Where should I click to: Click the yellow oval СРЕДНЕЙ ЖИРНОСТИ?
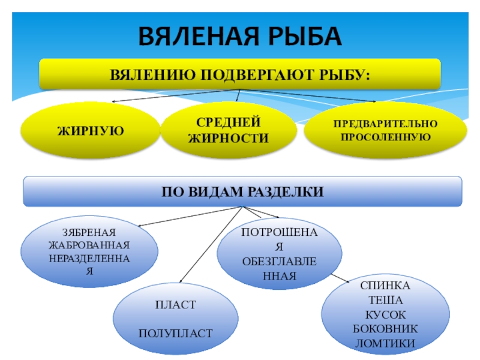[x=229, y=131]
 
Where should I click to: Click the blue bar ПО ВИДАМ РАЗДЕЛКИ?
[x=242, y=191]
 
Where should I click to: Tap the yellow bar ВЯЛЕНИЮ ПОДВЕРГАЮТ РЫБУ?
[x=240, y=75]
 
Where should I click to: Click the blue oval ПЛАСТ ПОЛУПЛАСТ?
[x=175, y=319]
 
